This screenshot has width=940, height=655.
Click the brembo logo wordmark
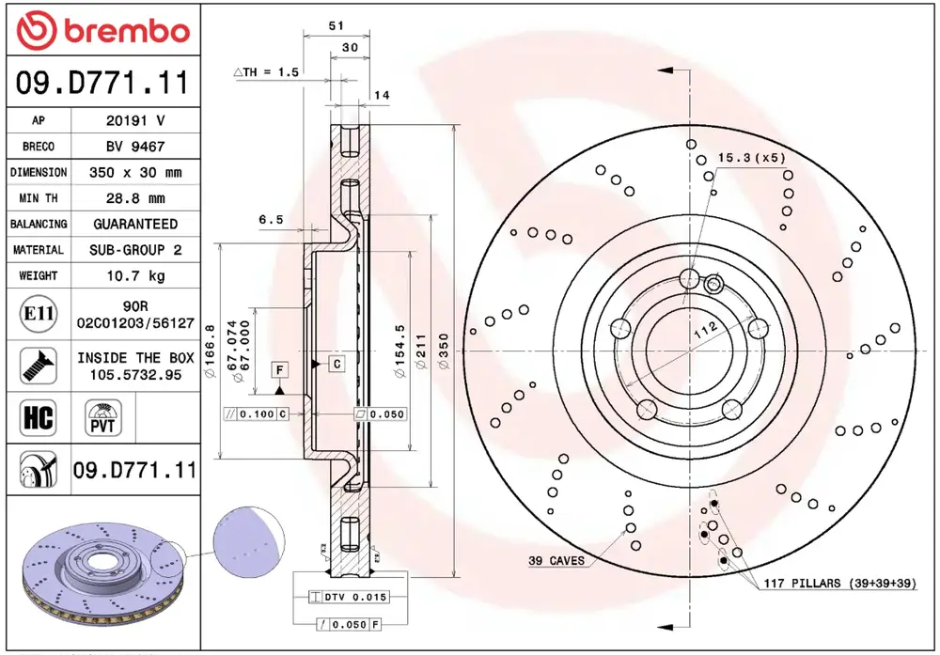pos(127,31)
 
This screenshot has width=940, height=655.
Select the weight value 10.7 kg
pos(135,275)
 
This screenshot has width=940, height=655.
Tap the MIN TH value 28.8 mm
pos(135,198)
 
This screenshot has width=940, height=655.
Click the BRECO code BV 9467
pos(135,147)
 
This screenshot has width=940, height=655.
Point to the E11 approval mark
pos(39,314)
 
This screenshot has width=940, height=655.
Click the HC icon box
pos(39,417)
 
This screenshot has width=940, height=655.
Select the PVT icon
pos(103,417)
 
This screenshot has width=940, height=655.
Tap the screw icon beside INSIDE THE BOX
pos(39,366)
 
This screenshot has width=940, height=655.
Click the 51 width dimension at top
pos(336,25)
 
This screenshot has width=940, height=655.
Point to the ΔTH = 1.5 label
pos(266,72)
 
